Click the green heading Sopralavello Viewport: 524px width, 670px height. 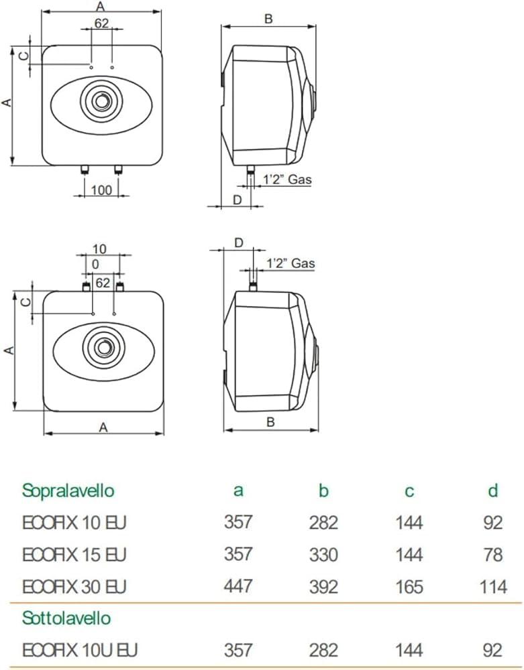pyautogui.click(x=68, y=490)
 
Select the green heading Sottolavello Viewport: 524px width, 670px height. pyautogui.click(x=66, y=616)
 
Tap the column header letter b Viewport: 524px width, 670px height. pyautogui.click(x=323, y=491)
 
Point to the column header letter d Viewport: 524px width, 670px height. pyautogui.click(x=493, y=491)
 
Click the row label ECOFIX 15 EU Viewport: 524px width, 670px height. pyautogui.click(x=74, y=555)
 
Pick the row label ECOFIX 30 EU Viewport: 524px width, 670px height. pyautogui.click(x=74, y=587)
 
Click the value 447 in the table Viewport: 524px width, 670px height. pyautogui.click(x=238, y=587)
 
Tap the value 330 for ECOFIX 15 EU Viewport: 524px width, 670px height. pyautogui.click(x=323, y=555)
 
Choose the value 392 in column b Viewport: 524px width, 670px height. pyautogui.click(x=323, y=587)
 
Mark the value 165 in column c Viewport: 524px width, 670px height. pyautogui.click(x=409, y=587)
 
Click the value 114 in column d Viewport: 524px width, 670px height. pyautogui.click(x=493, y=587)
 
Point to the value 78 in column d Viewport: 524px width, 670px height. pyautogui.click(x=493, y=555)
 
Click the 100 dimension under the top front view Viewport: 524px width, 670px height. pyautogui.click(x=101, y=190)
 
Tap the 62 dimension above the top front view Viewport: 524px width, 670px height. pyautogui.click(x=101, y=23)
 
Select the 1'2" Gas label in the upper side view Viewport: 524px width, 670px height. pyautogui.click(x=286, y=180)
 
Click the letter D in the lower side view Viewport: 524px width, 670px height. pyautogui.click(x=238, y=243)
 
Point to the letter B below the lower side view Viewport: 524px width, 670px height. pyautogui.click(x=270, y=421)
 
